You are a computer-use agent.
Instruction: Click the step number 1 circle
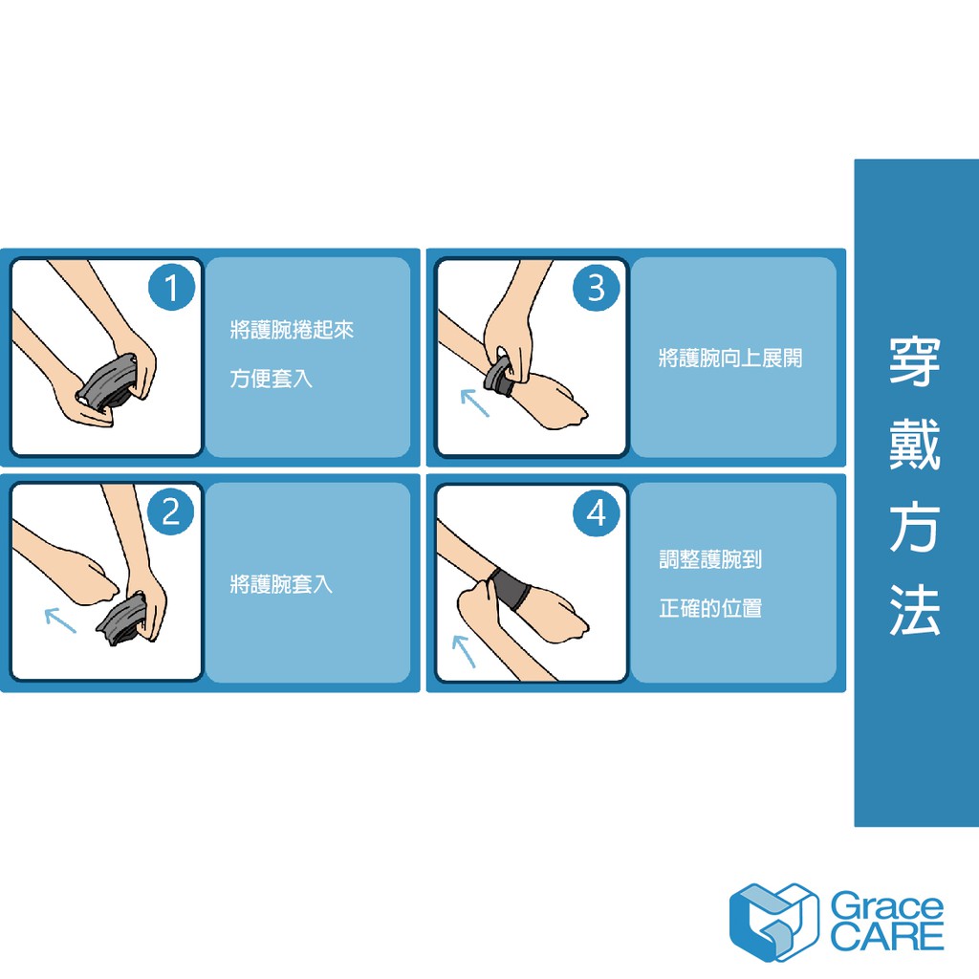point(172,287)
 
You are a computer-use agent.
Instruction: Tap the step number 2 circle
point(171,512)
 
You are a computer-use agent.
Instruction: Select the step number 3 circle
point(597,287)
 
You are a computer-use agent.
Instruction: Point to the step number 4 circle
point(597,513)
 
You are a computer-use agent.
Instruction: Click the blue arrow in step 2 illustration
point(60,620)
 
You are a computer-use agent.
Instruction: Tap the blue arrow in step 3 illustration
point(474,402)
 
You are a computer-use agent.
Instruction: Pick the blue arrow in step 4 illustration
point(464,651)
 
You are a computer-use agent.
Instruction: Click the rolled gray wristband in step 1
point(106,382)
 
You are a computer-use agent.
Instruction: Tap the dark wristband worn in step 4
point(510,589)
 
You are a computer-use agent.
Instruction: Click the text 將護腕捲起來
point(292,330)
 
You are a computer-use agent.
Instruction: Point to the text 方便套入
point(271,379)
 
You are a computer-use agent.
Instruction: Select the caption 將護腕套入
point(281,584)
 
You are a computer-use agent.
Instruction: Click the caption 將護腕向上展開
point(729,359)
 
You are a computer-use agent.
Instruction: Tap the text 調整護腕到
point(710,559)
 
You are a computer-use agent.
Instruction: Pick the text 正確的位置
point(710,608)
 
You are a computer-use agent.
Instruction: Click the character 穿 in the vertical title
point(915,362)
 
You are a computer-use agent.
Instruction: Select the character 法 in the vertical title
point(915,610)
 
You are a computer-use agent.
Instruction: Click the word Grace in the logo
point(886,907)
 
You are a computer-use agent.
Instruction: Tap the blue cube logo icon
point(773,923)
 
